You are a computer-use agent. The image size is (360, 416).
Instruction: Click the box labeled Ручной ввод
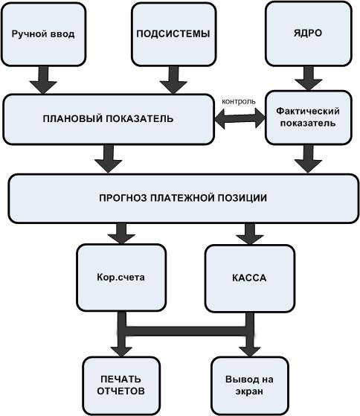pos(43,34)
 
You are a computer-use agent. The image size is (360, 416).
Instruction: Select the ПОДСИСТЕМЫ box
pos(173,34)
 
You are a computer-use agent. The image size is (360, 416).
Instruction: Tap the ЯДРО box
pos(309,33)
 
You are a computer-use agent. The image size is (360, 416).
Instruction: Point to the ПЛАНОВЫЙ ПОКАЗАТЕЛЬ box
pos(109,119)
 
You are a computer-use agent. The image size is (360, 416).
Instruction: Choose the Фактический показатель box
pos(309,118)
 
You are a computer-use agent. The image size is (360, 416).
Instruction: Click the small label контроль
pos(239,102)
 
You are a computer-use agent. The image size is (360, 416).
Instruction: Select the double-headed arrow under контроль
pos(240,118)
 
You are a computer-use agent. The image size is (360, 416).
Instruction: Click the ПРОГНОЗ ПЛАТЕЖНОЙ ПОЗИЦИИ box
pos(183,199)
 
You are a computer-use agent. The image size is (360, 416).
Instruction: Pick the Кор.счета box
pos(121,278)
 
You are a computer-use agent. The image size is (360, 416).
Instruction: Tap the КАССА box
pos(250,278)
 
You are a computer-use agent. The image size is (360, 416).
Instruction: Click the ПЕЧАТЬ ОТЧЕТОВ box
pos(121,385)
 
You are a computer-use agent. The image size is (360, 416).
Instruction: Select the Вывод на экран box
pos(249,385)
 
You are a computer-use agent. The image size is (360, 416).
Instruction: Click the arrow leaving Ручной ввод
pos(43,80)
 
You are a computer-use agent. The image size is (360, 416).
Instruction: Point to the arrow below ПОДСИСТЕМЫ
pos(173,80)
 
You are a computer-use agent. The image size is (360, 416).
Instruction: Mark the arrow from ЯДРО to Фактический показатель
pos(309,79)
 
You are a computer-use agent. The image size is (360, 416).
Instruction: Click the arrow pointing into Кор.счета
pos(121,234)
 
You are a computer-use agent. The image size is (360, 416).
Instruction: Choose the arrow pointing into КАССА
pos(250,234)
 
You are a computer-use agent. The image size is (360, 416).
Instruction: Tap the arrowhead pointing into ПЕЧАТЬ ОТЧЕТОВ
pos(121,352)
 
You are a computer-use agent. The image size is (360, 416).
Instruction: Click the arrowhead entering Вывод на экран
pos(250,352)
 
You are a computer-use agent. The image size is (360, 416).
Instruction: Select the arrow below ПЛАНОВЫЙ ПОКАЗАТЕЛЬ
pos(109,159)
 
